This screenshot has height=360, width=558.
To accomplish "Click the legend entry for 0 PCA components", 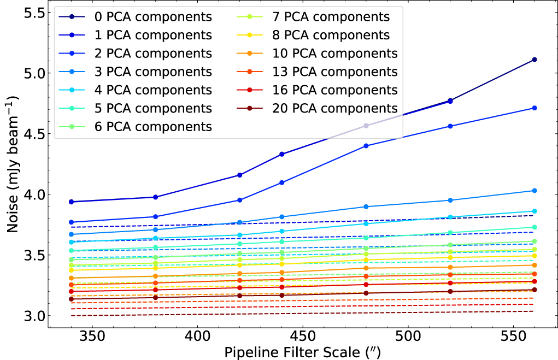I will click(153, 17).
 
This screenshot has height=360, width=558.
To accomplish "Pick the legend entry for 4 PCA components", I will click(153, 90).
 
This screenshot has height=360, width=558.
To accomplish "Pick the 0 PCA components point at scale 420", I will click(239, 175).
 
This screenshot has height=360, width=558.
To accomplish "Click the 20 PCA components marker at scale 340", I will click(71, 299).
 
